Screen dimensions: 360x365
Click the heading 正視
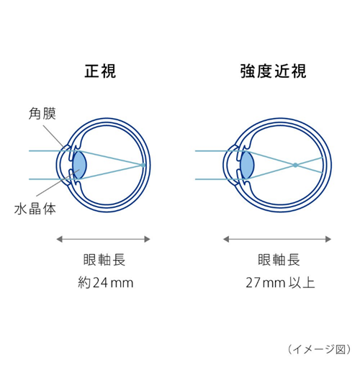(x=100, y=71)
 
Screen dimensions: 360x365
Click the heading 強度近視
(x=274, y=71)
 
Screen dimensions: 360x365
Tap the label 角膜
(x=42, y=114)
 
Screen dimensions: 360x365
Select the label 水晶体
(x=35, y=209)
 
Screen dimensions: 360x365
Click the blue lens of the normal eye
(x=79, y=165)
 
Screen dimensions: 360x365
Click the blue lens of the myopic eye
(x=247, y=165)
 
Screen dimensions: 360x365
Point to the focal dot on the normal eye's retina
(x=143, y=165)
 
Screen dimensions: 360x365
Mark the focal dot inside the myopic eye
(x=295, y=165)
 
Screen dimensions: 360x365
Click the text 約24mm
(x=106, y=283)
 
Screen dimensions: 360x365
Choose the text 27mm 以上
(x=280, y=283)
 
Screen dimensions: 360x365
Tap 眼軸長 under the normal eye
(x=104, y=260)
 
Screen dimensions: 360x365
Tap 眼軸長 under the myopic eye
(x=279, y=260)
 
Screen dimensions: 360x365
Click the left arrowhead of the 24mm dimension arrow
(x=59, y=239)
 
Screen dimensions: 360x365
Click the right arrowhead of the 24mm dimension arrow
(x=147, y=239)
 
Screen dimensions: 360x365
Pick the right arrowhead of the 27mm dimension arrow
(x=328, y=239)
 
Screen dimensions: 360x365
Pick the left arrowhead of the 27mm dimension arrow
(x=226, y=239)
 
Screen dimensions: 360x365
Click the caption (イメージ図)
(x=319, y=349)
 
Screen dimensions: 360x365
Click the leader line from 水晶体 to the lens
(x=58, y=183)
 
